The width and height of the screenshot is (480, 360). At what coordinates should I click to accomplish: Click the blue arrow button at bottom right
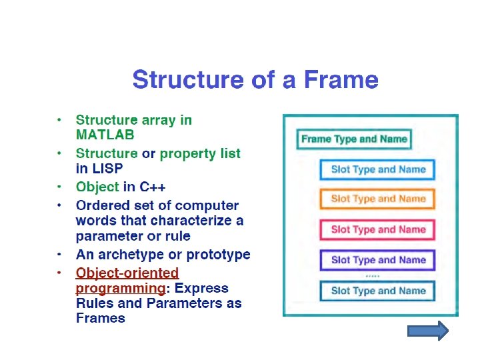[427, 331]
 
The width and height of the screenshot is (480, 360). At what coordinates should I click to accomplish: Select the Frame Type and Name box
[354, 139]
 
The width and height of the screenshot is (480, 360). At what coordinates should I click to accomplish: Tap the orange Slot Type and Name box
[378, 199]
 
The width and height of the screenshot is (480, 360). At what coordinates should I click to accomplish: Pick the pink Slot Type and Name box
[378, 229]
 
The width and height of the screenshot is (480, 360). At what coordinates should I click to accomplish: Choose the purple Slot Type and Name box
[378, 260]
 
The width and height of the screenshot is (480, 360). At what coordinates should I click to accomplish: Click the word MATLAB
[105, 135]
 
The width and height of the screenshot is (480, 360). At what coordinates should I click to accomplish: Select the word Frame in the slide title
[341, 81]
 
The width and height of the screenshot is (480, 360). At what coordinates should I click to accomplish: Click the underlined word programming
[120, 288]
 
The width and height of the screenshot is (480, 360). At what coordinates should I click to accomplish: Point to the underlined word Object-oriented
[127, 273]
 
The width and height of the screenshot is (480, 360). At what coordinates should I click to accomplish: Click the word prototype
[219, 255]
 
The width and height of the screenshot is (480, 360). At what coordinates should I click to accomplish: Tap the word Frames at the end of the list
[101, 318]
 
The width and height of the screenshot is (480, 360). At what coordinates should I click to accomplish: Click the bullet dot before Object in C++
[60, 187]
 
